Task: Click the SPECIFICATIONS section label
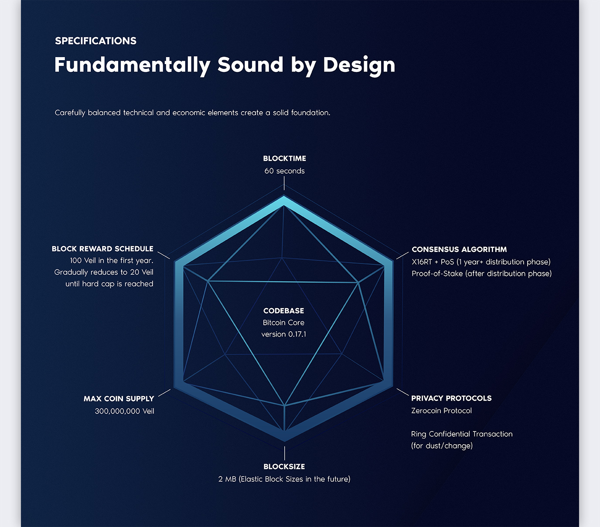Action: point(95,41)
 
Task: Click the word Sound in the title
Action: point(250,65)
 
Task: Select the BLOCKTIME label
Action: point(284,158)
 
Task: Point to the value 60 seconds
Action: point(284,171)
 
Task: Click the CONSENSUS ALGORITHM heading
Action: point(459,249)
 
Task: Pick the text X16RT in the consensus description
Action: point(422,262)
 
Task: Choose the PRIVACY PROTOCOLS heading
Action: point(451,398)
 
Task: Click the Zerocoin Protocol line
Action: point(441,411)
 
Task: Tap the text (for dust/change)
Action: point(442,445)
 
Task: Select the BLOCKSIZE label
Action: point(284,466)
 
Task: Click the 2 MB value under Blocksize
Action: point(227,479)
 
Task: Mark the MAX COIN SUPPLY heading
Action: point(119,399)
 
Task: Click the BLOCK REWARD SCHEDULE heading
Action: point(102,249)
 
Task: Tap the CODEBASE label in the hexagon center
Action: point(284,311)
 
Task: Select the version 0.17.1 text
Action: point(284,334)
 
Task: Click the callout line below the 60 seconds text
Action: point(284,183)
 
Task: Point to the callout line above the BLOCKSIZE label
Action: point(285,453)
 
